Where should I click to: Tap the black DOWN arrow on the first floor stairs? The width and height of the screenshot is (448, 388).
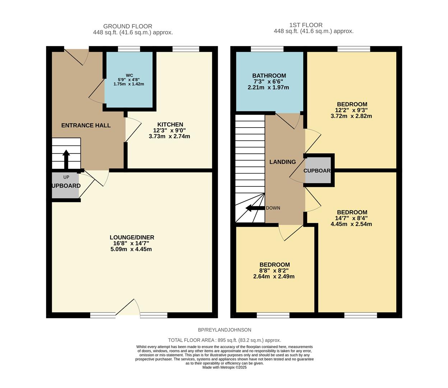point(255,208)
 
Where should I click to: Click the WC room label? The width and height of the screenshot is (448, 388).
point(129,75)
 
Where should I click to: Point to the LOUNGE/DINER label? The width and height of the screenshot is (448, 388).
point(132,237)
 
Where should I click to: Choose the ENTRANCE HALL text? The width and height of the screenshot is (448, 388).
point(86,125)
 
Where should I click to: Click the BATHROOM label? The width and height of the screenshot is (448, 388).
point(269,76)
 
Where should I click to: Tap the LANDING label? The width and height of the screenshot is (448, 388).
point(282,162)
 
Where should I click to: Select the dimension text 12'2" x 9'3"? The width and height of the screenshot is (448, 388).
point(351,110)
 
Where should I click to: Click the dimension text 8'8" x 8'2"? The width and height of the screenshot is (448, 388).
point(274,271)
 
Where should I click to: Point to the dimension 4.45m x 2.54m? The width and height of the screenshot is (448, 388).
point(351,224)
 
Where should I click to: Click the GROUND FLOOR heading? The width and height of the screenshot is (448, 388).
point(128,26)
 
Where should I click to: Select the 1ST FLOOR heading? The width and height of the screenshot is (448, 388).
point(306,25)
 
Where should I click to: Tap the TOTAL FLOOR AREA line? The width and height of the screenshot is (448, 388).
point(225,340)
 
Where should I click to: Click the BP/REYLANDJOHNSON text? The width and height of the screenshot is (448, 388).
point(225,330)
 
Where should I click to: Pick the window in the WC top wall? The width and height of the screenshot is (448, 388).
point(129,49)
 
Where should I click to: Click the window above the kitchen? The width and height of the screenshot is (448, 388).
point(186,49)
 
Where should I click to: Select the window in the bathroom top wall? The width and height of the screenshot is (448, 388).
point(267,49)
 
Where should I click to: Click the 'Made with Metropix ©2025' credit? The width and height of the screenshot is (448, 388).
point(225,368)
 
